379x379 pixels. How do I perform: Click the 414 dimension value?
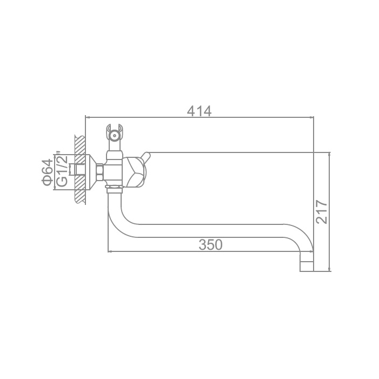click(199, 111)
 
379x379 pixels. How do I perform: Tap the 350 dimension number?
click(210, 244)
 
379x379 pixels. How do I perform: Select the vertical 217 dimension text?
click(322, 212)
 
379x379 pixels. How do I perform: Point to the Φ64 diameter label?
click(47, 172)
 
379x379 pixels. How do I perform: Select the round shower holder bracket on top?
click(114, 135)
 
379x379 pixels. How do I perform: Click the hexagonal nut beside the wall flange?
click(100, 172)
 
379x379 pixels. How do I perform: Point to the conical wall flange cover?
click(91, 172)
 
